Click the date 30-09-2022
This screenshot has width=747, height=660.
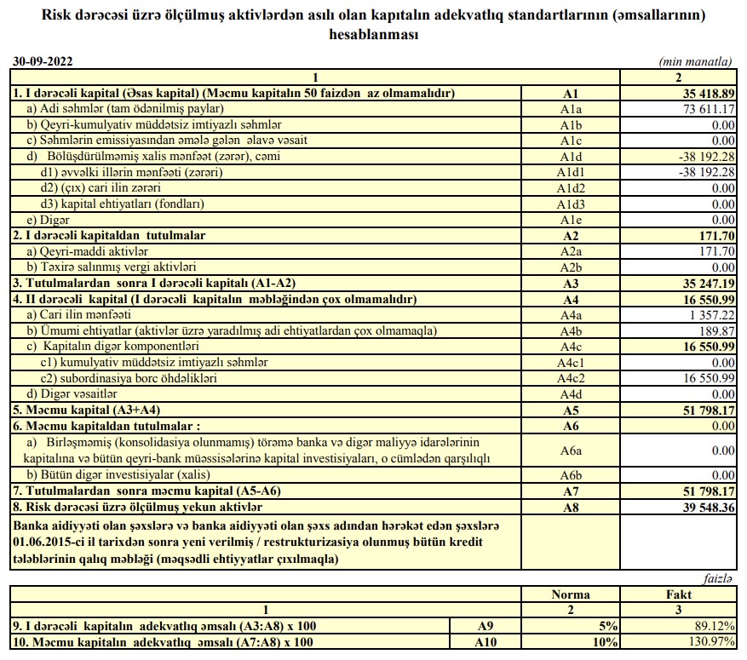click(x=43, y=62)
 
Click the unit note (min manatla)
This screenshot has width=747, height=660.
click(x=696, y=63)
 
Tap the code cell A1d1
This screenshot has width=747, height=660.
click(x=570, y=172)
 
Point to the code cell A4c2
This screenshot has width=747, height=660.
click(x=570, y=377)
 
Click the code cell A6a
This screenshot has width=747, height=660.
click(x=570, y=449)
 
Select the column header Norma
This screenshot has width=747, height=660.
click(x=570, y=594)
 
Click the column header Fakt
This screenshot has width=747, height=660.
click(x=677, y=594)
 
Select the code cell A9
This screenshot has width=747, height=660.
click(x=483, y=626)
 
